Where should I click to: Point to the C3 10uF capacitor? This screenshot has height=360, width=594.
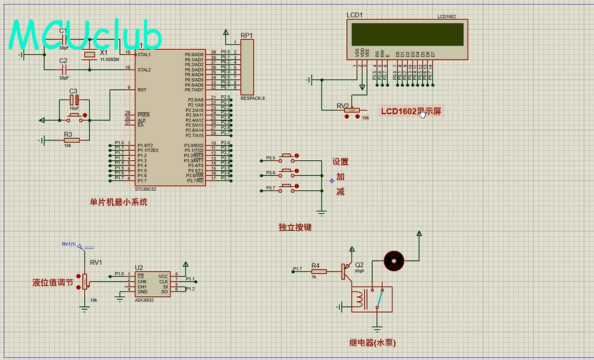74,100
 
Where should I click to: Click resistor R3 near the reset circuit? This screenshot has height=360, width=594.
71,140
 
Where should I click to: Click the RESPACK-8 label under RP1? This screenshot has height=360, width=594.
253,98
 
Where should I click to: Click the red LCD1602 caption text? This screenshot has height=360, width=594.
411,111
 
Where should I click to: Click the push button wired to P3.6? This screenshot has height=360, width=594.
287,172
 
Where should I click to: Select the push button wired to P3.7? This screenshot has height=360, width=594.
287,187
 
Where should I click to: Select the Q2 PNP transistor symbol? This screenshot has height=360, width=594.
348,271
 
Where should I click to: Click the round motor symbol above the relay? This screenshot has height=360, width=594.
393,260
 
